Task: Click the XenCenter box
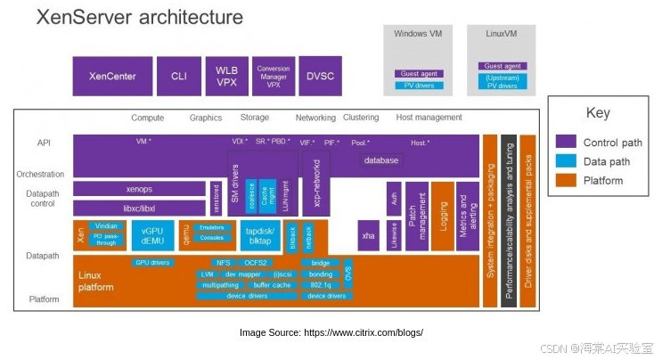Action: click(112, 77)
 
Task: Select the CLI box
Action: click(179, 77)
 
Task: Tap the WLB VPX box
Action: click(227, 77)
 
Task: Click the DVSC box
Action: click(320, 77)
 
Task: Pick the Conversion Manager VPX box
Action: click(274, 77)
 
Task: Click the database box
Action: click(380, 160)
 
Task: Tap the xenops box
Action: click(138, 189)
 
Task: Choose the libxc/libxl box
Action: click(138, 208)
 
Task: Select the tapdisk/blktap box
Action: click(258, 235)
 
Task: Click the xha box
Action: click(368, 236)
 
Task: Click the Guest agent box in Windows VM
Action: click(418, 74)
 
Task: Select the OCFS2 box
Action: click(257, 263)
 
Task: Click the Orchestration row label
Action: click(40, 175)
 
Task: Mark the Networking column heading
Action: click(315, 118)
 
